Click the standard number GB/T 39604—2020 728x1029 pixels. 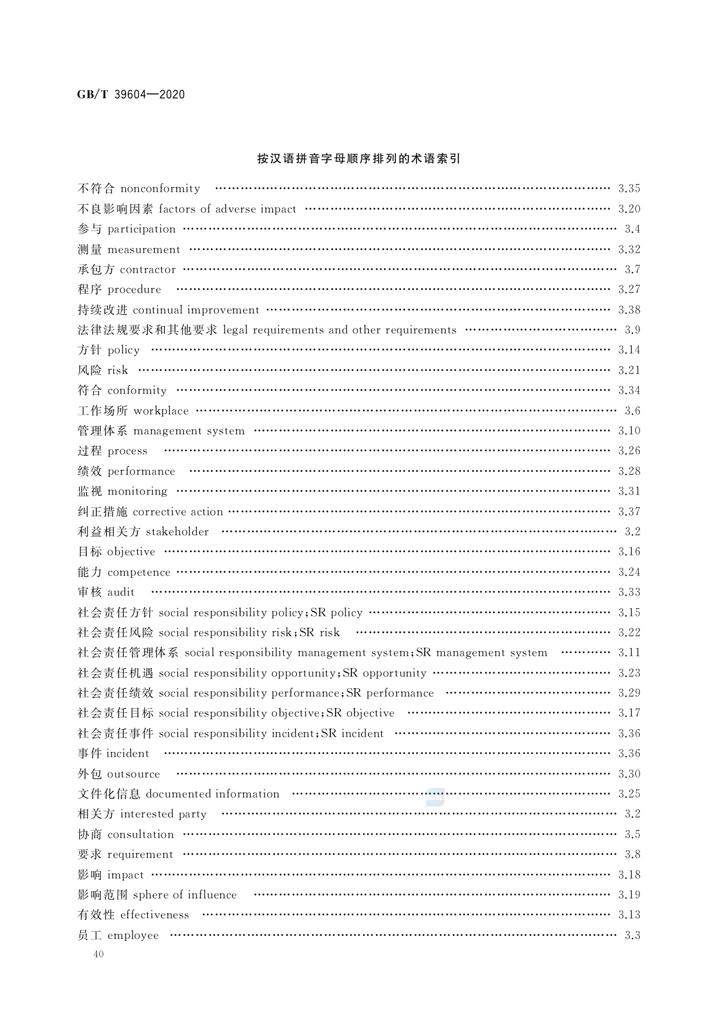tap(131, 94)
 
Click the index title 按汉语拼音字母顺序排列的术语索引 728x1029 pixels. tap(358, 158)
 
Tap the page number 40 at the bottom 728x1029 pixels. tap(98, 954)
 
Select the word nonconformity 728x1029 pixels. tap(160, 189)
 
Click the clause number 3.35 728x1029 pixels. tap(629, 189)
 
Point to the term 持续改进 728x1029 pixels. tap(102, 310)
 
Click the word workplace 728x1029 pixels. tap(161, 411)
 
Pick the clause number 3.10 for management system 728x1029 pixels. tap(629, 431)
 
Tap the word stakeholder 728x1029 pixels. tap(177, 532)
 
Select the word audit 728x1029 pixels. tap(121, 593)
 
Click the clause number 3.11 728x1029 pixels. tap(629, 652)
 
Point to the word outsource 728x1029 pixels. tap(133, 774)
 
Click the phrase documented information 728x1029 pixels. tap(212, 794)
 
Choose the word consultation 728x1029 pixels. tap(141, 834)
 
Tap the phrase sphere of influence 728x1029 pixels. tap(185, 895)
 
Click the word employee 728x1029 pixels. tap(133, 935)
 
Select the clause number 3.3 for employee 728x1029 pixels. tap(632, 935)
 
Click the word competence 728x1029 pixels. tap(139, 572)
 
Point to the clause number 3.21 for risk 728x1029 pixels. tap(629, 370)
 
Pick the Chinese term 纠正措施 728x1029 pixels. tap(102, 512)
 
